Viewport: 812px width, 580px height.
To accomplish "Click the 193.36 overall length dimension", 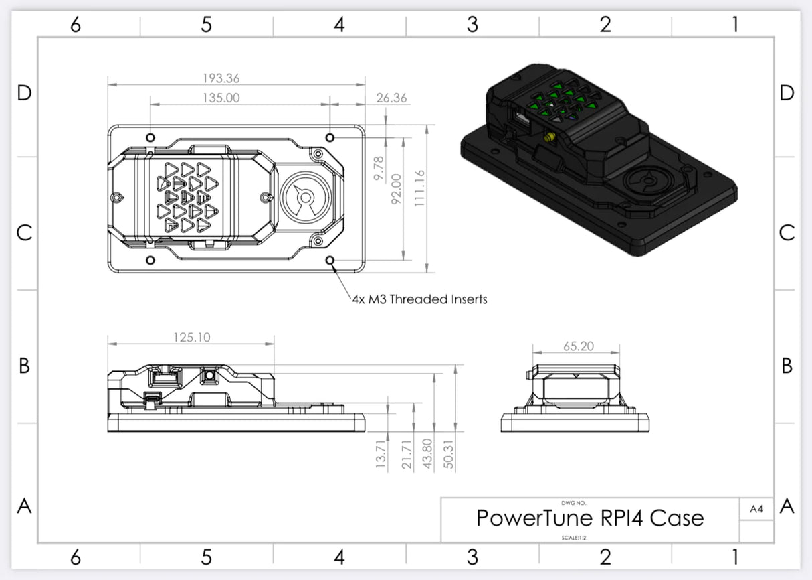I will [x=221, y=78].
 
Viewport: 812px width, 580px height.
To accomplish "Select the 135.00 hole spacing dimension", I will [x=221, y=98].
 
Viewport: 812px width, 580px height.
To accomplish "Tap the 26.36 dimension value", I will [x=391, y=98].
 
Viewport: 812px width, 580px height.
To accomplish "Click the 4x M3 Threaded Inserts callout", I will [x=419, y=299].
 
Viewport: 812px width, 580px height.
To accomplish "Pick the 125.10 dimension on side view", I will [x=191, y=337].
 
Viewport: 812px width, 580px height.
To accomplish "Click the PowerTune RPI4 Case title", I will [x=589, y=518].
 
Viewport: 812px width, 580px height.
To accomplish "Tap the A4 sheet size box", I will [x=756, y=509].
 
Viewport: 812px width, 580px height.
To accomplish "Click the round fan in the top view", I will [x=304, y=197].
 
